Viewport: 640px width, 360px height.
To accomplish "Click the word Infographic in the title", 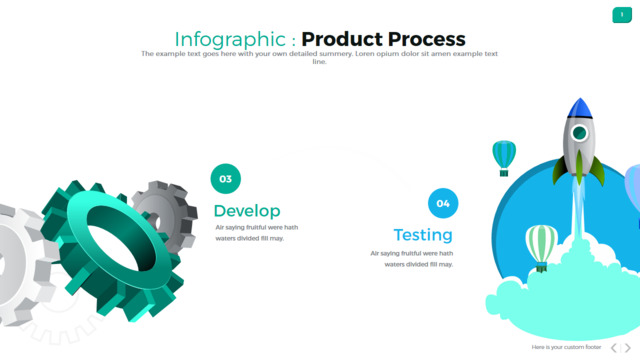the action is pyautogui.click(x=230, y=40).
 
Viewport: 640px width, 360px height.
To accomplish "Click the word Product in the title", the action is pyautogui.click(x=342, y=39).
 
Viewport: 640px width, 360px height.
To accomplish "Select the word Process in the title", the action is pyautogui.click(x=427, y=39).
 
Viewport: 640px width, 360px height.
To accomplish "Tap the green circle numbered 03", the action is pyautogui.click(x=226, y=179).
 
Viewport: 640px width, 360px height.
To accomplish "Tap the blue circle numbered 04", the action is pyautogui.click(x=443, y=203).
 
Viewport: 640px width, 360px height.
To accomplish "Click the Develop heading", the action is pyautogui.click(x=247, y=211).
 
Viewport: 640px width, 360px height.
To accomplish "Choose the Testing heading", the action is pyautogui.click(x=423, y=235).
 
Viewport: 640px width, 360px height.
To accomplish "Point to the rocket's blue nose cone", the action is pyautogui.click(x=580, y=109).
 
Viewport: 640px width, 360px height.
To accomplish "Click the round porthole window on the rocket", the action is pyautogui.click(x=579, y=133).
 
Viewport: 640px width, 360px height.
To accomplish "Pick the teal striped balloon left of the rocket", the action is pyautogui.click(x=504, y=158).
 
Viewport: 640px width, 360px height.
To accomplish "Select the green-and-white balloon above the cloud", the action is pyautogui.click(x=541, y=247).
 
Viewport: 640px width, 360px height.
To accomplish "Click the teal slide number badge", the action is pyautogui.click(x=622, y=15).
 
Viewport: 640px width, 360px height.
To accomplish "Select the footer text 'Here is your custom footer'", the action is pyautogui.click(x=566, y=347).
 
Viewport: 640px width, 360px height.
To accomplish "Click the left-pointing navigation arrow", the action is pyautogui.click(x=614, y=348).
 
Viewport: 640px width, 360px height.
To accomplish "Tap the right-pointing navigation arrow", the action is pyautogui.click(x=627, y=348).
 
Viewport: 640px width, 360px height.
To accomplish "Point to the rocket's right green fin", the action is pyautogui.click(x=597, y=171).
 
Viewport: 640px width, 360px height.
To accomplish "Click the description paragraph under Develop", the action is pyautogui.click(x=257, y=233).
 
